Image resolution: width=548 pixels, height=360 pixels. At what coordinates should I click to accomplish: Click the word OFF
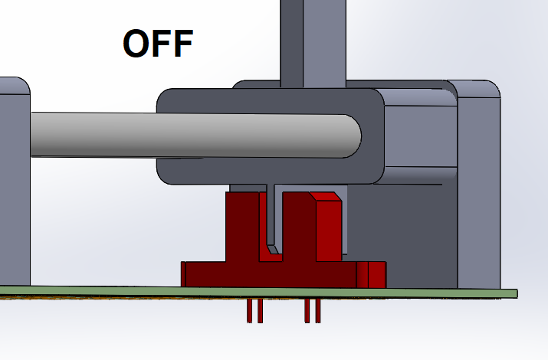coord(158,44)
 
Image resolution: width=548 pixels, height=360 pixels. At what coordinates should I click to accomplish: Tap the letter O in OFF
coord(136,44)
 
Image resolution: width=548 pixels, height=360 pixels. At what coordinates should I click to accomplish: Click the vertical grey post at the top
coord(313,44)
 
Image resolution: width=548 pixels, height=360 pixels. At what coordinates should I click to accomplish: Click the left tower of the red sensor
coord(242,226)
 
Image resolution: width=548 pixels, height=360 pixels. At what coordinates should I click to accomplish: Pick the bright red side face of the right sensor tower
coord(329,231)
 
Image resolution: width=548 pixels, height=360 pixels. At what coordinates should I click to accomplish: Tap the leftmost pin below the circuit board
coord(249,310)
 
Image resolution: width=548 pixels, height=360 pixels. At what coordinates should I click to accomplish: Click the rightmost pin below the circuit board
coord(317,310)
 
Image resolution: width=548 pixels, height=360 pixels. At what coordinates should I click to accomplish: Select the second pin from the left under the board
coord(260,310)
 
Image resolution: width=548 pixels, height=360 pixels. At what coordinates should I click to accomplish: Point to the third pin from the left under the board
coord(307,310)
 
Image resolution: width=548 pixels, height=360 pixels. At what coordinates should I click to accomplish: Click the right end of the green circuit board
coord(517,293)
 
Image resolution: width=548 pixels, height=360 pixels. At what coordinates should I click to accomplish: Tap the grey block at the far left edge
coord(15,182)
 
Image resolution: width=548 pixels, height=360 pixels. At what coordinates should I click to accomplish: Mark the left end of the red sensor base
coord(183,274)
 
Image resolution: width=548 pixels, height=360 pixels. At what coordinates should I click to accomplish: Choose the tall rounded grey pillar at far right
coord(479,185)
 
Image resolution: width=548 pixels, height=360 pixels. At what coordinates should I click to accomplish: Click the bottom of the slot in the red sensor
coord(271,257)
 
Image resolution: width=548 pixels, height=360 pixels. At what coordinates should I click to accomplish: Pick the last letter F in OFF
coord(182,44)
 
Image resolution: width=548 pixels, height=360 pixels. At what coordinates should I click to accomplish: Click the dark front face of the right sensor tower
coord(299,226)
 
